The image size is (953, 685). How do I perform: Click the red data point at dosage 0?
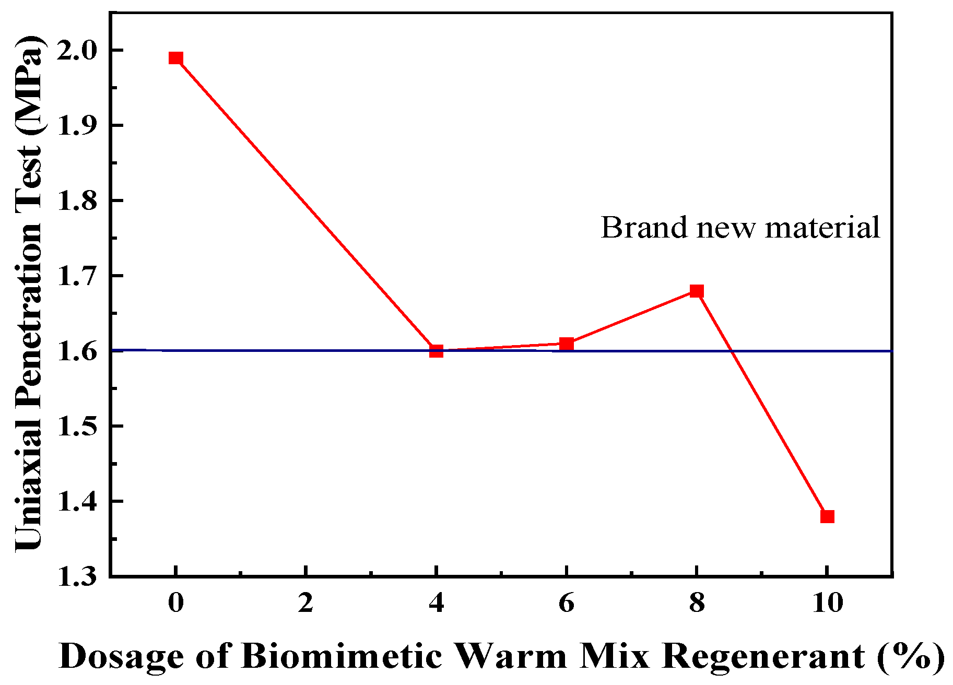pyautogui.click(x=176, y=58)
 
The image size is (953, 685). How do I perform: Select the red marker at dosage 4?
pyautogui.click(x=436, y=351)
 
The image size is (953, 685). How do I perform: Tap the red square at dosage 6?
pyautogui.click(x=567, y=344)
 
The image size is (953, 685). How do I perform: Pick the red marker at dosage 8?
pyautogui.click(x=697, y=291)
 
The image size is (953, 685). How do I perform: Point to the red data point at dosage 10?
pyautogui.click(x=827, y=517)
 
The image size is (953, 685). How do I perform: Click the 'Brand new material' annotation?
pyautogui.click(x=740, y=228)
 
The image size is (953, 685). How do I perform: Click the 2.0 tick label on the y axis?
pyautogui.click(x=77, y=51)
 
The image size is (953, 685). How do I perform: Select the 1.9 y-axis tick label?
pyautogui.click(x=77, y=126)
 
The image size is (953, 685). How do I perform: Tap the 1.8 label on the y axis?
pyautogui.click(x=77, y=201)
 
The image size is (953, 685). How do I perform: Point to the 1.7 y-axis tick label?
pyautogui.click(x=77, y=276)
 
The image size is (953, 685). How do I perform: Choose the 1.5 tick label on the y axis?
pyautogui.click(x=77, y=427)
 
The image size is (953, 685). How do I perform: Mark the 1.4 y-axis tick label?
pyautogui.click(x=77, y=502)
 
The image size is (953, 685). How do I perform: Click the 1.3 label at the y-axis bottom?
pyautogui.click(x=77, y=577)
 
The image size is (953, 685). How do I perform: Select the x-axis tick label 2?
pyautogui.click(x=306, y=603)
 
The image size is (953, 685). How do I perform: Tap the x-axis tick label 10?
pyautogui.click(x=827, y=603)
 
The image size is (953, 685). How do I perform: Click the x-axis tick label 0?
pyautogui.click(x=176, y=603)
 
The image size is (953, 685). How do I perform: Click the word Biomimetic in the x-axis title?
pyautogui.click(x=343, y=656)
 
